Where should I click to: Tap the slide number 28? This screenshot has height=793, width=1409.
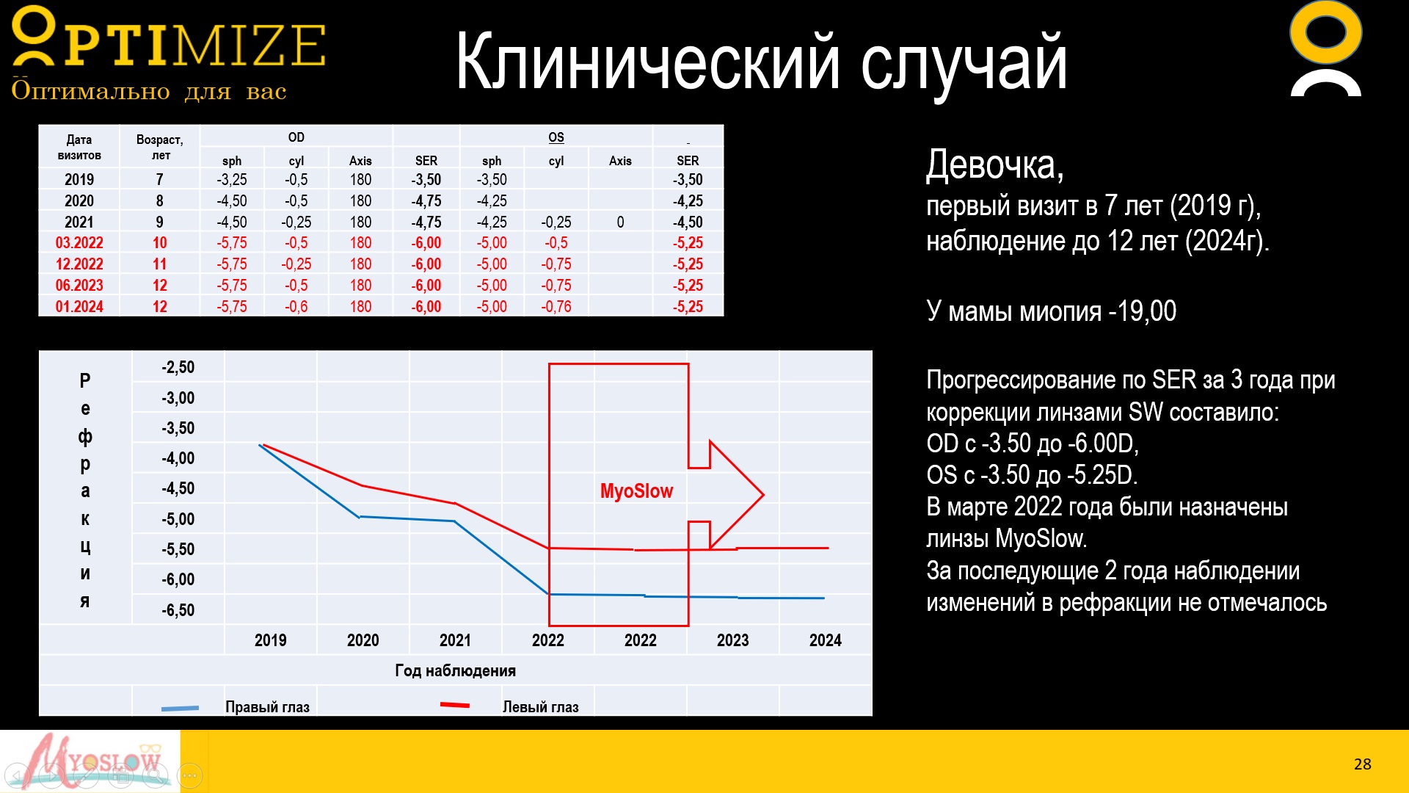(1362, 764)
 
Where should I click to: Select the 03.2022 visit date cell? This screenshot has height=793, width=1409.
(79, 243)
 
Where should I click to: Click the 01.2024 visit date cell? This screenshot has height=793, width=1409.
(79, 307)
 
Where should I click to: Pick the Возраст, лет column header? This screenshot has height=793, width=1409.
(160, 147)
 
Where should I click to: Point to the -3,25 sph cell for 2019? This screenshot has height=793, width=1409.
(232, 180)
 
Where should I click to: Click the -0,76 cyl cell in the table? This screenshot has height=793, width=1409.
(556, 307)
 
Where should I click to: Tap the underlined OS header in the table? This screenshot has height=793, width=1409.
(556, 137)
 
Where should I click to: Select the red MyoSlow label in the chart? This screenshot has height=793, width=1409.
(636, 491)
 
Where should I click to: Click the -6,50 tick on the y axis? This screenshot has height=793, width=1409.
(178, 610)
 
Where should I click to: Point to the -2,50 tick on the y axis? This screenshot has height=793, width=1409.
(178, 367)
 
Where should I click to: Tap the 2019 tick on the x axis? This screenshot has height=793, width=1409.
(271, 640)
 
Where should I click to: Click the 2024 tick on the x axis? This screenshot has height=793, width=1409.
(826, 640)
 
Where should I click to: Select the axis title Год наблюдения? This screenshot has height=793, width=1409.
(455, 670)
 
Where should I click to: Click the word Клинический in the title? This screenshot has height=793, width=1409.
(648, 63)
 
